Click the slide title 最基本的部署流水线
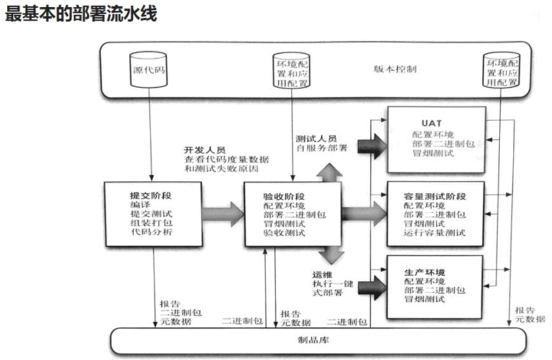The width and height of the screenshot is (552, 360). [80, 15]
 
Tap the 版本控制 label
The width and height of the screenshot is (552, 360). [395, 68]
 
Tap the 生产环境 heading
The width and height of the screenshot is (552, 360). [422, 270]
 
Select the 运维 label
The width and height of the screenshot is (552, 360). [322, 274]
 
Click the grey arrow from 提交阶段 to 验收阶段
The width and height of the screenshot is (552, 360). [223, 214]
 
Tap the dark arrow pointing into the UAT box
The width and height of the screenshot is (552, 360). [371, 144]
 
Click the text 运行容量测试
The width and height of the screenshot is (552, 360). [434, 233]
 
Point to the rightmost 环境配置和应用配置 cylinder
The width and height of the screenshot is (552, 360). [502, 70]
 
